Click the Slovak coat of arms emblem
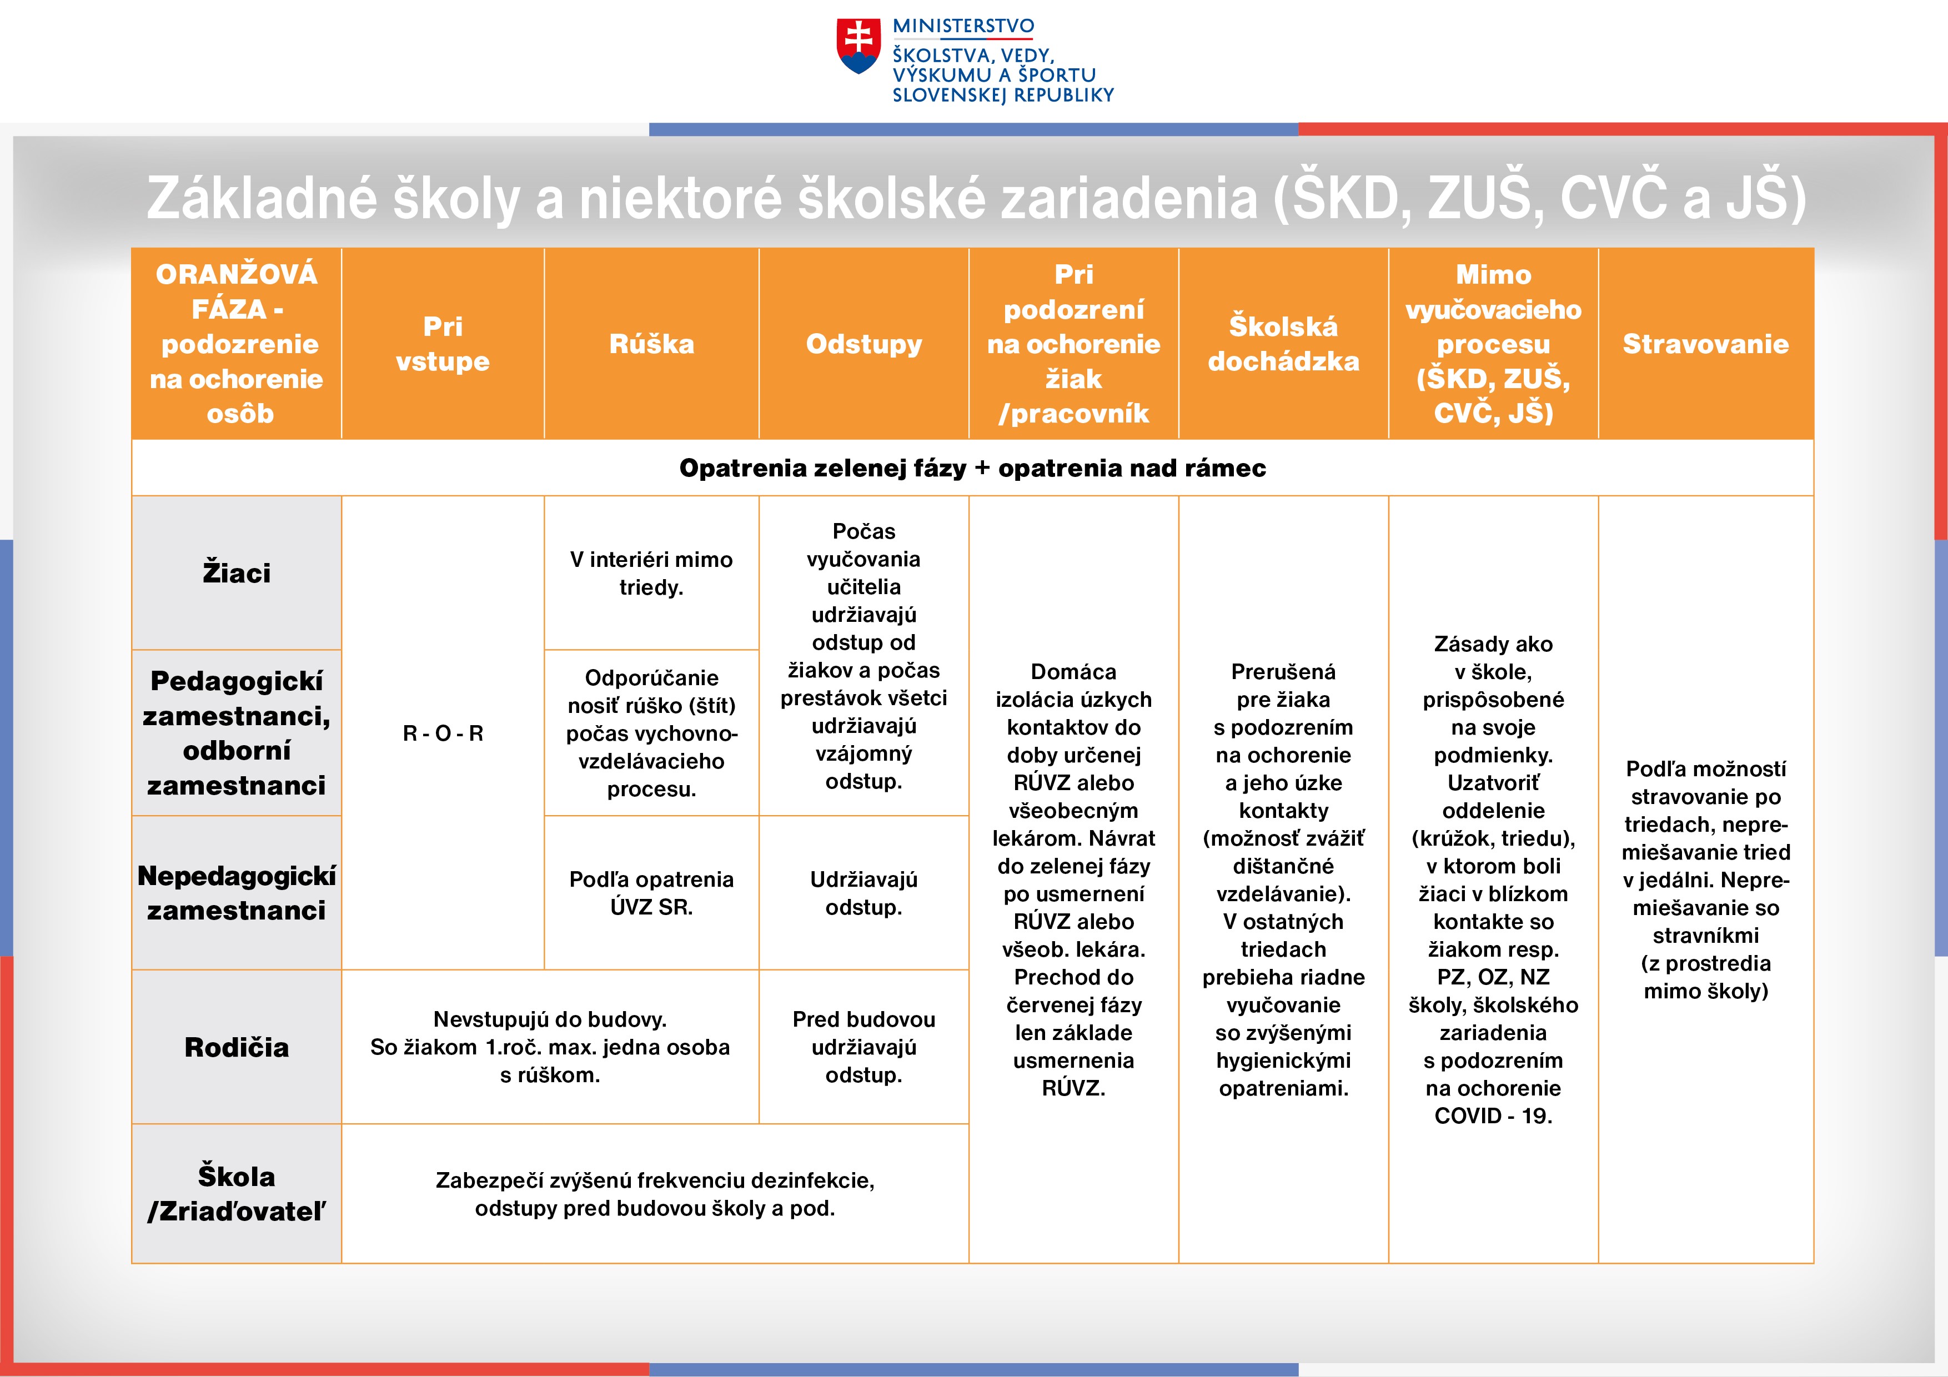[858, 46]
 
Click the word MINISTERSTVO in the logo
[964, 26]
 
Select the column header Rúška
[651, 344]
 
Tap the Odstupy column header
[863, 344]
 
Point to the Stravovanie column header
[1705, 344]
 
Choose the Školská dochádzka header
[1284, 344]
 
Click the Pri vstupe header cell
[443, 344]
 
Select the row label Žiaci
[237, 572]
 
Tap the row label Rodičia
[237, 1047]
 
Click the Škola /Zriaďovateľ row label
[237, 1194]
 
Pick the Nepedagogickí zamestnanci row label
[237, 892]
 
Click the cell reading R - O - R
[443, 733]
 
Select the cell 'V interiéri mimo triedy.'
[651, 572]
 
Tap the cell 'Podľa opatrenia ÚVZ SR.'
[651, 892]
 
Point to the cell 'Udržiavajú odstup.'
[863, 892]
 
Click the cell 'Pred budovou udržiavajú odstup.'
[863, 1047]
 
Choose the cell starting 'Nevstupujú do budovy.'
[550, 1047]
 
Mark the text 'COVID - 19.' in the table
[1493, 1115]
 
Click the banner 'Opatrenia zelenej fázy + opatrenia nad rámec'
[972, 468]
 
